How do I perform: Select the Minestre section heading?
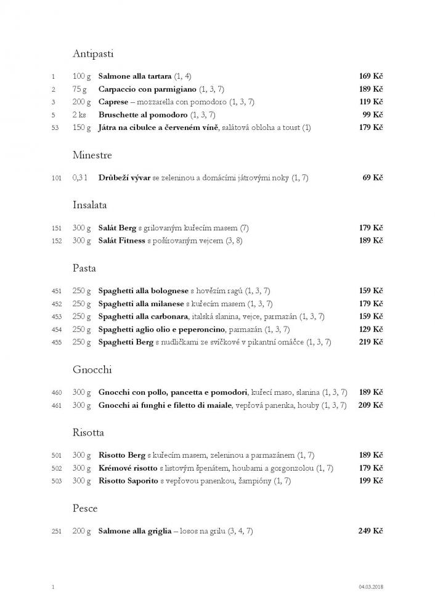(x=92, y=155)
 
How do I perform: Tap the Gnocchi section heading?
(x=91, y=370)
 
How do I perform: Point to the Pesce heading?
(x=85, y=508)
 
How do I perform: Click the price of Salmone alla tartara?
(x=371, y=76)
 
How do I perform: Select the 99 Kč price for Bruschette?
(x=373, y=115)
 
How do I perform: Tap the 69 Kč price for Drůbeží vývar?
(x=373, y=178)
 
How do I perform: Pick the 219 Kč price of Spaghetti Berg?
(x=371, y=342)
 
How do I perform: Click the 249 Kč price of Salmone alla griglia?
(x=371, y=530)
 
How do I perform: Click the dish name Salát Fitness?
(x=121, y=241)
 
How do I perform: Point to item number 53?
(x=54, y=128)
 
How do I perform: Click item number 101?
(x=57, y=179)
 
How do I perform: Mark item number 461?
(x=57, y=405)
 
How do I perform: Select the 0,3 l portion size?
(x=81, y=178)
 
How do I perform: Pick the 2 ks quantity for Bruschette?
(x=79, y=115)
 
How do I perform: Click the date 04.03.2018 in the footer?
(x=370, y=588)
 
